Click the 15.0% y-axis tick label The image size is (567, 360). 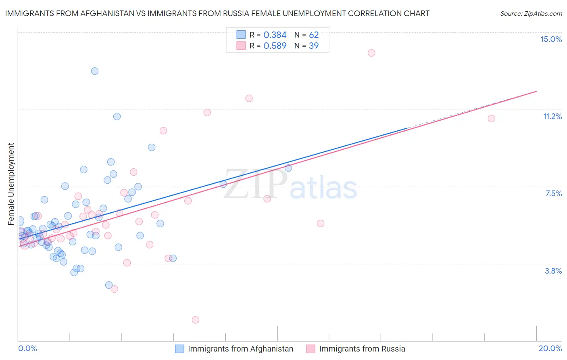click(x=551, y=39)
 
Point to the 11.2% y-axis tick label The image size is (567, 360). click(x=552, y=116)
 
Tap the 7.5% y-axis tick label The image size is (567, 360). click(x=553, y=193)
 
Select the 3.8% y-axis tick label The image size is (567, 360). click(x=553, y=271)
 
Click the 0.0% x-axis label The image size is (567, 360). click(x=27, y=348)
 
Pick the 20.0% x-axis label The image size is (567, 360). click(x=550, y=348)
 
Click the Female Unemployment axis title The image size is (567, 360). click(x=11, y=184)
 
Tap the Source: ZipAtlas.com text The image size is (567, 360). click(x=531, y=13)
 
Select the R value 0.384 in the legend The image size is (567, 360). click(x=275, y=35)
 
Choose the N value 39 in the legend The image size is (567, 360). click(x=314, y=46)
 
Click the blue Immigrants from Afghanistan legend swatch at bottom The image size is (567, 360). click(x=179, y=349)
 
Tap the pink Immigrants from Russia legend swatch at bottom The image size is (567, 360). click(x=311, y=349)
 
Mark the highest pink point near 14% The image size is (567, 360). click(x=371, y=53)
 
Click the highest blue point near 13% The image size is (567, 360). click(x=95, y=71)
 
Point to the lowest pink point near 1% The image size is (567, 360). click(x=196, y=320)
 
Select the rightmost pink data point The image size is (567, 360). click(x=491, y=118)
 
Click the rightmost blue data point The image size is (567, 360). click(x=288, y=168)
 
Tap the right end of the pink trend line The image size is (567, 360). click(x=536, y=91)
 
